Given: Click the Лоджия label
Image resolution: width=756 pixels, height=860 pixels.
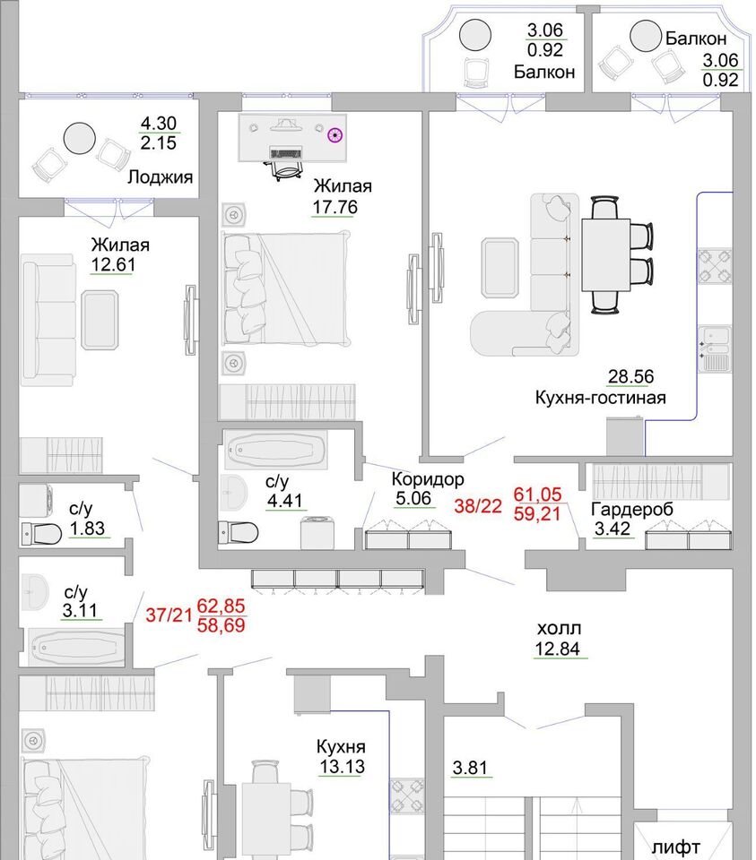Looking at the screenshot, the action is tap(160, 177).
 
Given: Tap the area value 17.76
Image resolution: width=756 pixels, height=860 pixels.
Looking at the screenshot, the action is tap(335, 207).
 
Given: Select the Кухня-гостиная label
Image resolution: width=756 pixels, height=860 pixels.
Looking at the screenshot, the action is tap(601, 397).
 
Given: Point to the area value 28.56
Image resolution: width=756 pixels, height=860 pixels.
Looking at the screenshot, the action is tap(630, 377).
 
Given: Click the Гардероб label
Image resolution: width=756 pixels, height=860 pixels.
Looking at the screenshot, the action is tap(632, 509).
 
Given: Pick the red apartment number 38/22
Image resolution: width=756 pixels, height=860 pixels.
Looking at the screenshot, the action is tap(478, 505).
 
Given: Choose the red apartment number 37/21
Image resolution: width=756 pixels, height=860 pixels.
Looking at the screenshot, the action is tap(169, 615).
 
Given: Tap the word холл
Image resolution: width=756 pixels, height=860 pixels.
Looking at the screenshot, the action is tap(559, 628).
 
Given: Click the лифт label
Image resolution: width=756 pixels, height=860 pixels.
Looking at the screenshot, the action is tap(676, 847).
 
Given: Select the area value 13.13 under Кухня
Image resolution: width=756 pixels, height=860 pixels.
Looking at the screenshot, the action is tap(342, 766).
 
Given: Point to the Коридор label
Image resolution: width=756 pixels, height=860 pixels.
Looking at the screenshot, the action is tap(428, 478).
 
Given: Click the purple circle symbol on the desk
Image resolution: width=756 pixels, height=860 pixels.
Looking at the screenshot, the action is tap(335, 134).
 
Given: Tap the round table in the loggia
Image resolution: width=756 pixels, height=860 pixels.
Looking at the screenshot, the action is tap(80, 139).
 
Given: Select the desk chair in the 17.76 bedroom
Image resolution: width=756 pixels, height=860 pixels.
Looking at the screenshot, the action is tap(287, 169).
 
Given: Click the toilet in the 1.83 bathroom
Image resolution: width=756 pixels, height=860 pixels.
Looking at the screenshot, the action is tap(41, 534).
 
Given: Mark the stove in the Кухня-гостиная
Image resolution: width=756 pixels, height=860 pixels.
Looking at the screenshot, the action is tap(715, 266).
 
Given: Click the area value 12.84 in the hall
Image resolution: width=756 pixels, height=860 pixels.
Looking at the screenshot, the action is tap(557, 649).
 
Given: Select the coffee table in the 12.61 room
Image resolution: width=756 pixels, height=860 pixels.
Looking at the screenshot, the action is tap(100, 321).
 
